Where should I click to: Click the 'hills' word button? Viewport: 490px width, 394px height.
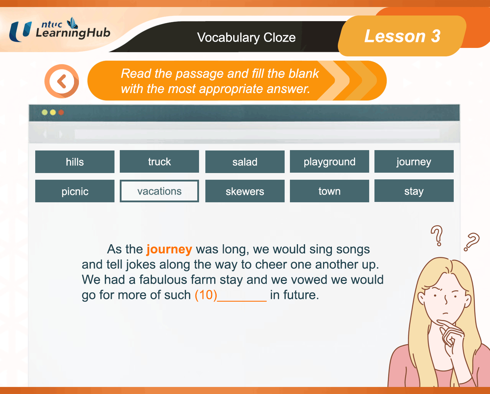(75, 161)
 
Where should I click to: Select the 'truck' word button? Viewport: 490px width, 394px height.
(159, 161)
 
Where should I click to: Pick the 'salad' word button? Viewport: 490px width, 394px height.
(245, 161)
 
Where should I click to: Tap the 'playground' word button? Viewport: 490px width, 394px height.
(329, 161)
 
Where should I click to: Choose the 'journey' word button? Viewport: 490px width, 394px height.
(414, 161)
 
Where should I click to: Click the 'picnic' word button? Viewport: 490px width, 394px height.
(75, 191)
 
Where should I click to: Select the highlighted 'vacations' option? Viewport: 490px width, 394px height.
(159, 191)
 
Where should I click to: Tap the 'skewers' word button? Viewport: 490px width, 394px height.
(245, 191)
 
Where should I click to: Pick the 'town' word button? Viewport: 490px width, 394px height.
(329, 191)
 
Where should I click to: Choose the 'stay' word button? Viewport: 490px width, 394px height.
(414, 191)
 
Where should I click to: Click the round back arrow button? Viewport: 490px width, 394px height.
(62, 81)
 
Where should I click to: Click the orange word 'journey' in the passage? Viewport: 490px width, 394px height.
(169, 250)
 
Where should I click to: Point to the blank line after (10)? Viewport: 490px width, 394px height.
(242, 301)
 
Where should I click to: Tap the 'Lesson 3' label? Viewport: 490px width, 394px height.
(402, 36)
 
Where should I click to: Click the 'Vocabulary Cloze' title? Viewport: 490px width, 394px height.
(246, 37)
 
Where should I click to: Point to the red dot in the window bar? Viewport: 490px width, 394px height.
(61, 112)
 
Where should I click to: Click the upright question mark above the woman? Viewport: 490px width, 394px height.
(437, 236)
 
